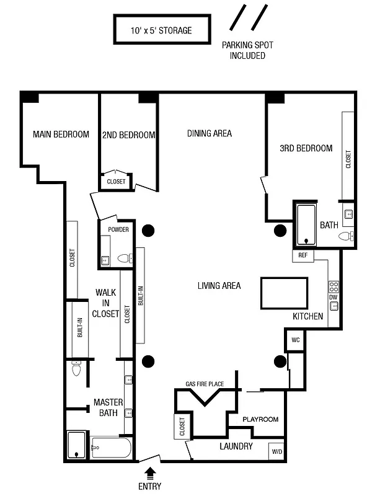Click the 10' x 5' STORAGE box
click(x=161, y=30)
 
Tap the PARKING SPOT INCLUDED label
click(x=248, y=50)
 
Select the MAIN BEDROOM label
click(x=61, y=134)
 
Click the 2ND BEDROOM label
click(x=128, y=135)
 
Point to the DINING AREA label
click(x=210, y=133)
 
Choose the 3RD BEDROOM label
click(x=306, y=148)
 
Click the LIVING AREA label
click(x=219, y=286)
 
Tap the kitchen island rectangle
click(x=283, y=293)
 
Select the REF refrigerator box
click(x=303, y=255)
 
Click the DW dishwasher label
click(x=334, y=298)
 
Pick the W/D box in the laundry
click(x=276, y=452)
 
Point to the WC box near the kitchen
click(x=295, y=340)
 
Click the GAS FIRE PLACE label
click(x=205, y=384)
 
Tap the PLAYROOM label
click(x=260, y=419)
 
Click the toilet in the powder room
click(x=124, y=259)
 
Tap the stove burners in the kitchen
click(x=334, y=286)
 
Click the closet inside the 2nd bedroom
click(x=116, y=181)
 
